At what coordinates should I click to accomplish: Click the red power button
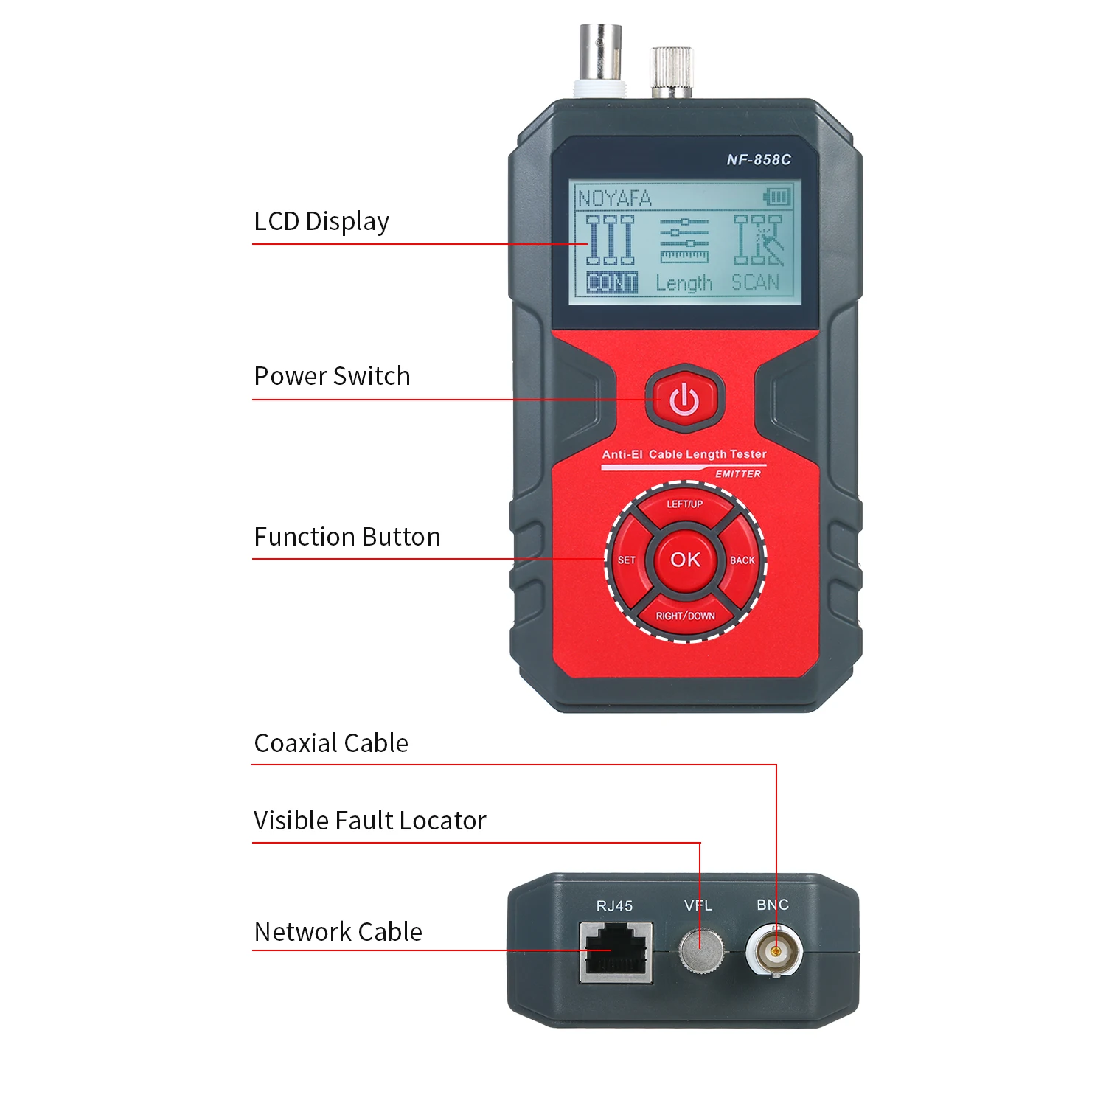(x=684, y=399)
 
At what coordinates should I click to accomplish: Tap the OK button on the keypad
(x=685, y=560)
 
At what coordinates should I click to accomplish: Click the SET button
(x=627, y=560)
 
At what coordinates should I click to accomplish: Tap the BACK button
(x=742, y=560)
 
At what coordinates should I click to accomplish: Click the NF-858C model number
(x=759, y=159)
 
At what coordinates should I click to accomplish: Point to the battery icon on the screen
(x=777, y=197)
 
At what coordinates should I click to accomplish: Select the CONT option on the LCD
(x=612, y=283)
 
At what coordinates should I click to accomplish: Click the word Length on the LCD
(x=684, y=283)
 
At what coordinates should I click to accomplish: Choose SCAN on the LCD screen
(x=755, y=282)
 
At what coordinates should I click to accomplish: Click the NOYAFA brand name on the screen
(x=614, y=198)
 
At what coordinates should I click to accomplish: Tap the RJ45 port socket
(x=616, y=952)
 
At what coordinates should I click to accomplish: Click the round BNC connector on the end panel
(x=774, y=952)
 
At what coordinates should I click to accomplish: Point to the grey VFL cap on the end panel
(x=700, y=950)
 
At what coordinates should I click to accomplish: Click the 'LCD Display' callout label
(x=321, y=221)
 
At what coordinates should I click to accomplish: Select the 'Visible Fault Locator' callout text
(x=369, y=821)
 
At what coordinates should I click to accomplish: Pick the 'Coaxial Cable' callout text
(x=331, y=743)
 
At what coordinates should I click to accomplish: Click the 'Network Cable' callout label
(x=338, y=932)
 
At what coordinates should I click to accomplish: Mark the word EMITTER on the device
(x=738, y=474)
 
